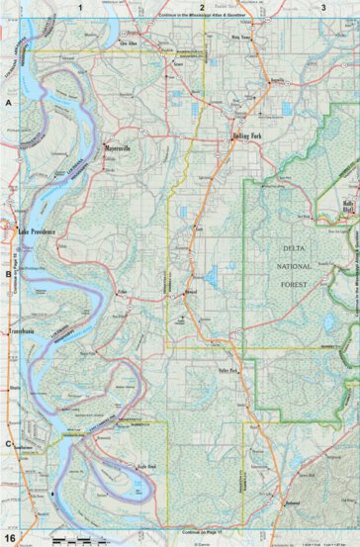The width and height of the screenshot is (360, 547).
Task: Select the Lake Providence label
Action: point(41,230)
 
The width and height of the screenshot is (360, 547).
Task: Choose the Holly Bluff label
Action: point(347,207)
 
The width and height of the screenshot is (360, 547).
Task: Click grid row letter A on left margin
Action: point(8,102)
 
